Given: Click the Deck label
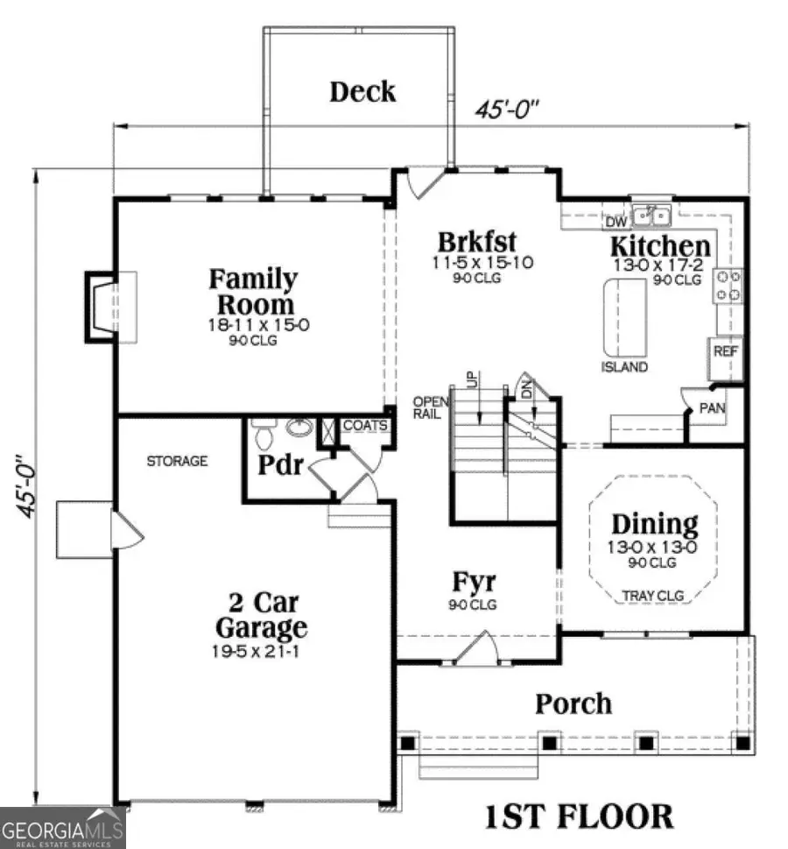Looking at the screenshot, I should coord(362,91).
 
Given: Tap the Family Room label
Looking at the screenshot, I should coord(252,292).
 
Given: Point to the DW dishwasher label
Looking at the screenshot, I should coord(616,222).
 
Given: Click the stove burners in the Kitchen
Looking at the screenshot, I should coord(729,285).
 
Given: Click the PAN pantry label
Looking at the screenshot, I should coord(712,408).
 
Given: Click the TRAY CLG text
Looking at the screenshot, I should coord(654,596).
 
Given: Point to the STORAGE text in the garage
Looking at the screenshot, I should coord(177,460).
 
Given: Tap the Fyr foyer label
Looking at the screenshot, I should coord(475,581).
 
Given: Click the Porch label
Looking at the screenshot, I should coord(573,703).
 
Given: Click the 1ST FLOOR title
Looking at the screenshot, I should coord(579,816).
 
